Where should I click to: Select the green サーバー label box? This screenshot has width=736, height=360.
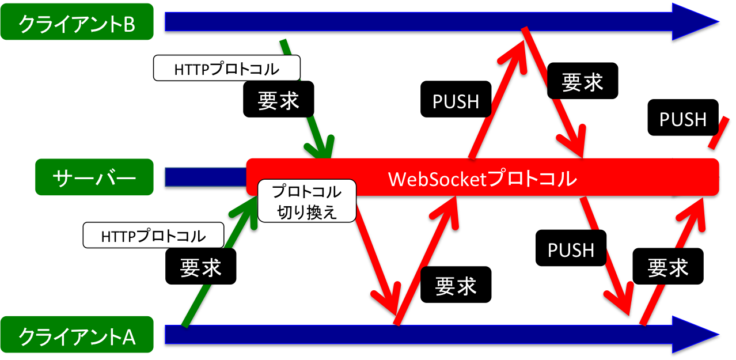pyautogui.click(x=95, y=177)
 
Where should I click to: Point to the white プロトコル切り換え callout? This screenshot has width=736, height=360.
pyautogui.click(x=307, y=202)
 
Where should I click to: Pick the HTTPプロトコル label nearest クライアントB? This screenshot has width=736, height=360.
pyautogui.click(x=227, y=69)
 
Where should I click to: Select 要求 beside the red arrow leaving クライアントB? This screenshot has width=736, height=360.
pyautogui.click(x=582, y=82)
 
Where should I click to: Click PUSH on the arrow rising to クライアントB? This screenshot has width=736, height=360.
pyautogui.click(x=456, y=101)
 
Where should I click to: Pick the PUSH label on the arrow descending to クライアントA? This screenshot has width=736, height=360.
pyautogui.click(x=571, y=249)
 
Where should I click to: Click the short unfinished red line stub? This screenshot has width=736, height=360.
pyautogui.click(x=716, y=135)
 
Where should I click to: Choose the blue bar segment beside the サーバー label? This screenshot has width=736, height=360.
pyautogui.click(x=204, y=177)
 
